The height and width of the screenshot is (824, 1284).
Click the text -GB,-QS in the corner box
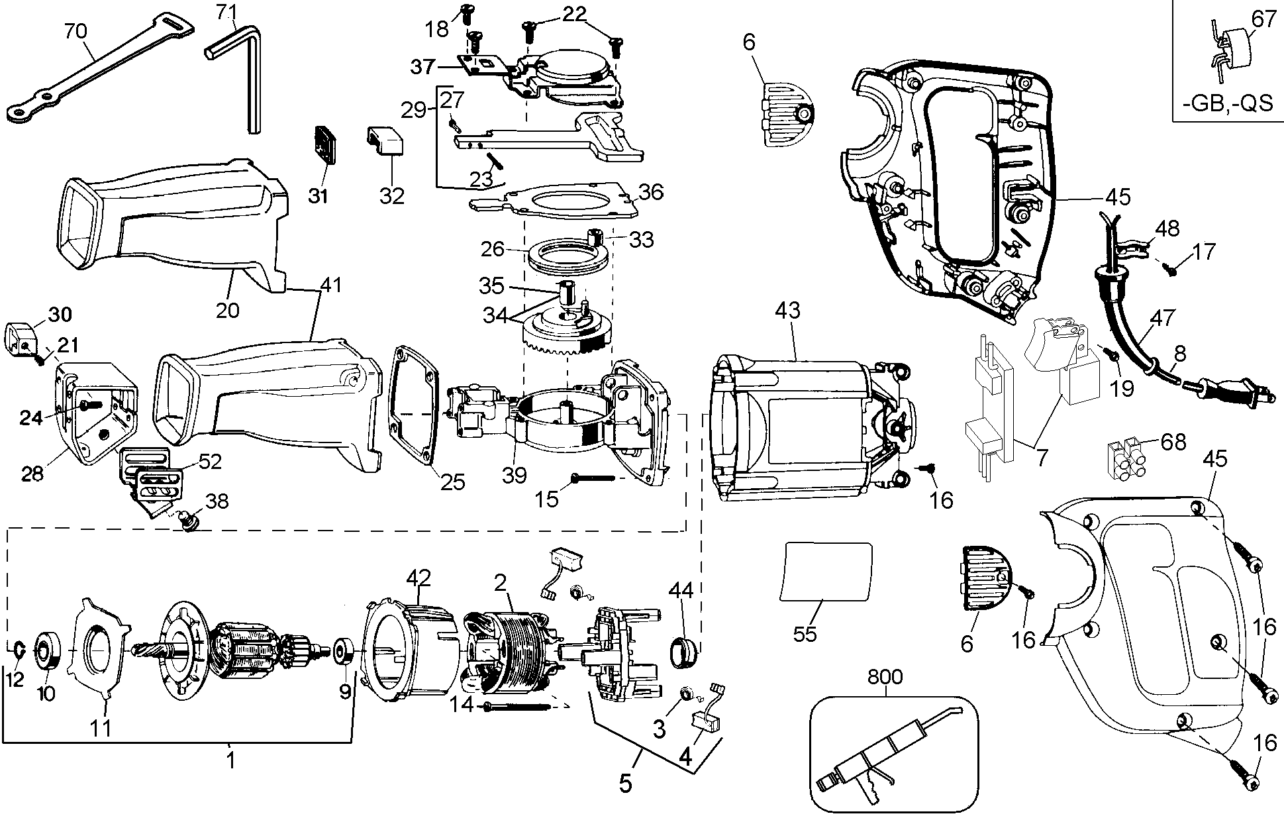tap(1227, 105)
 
